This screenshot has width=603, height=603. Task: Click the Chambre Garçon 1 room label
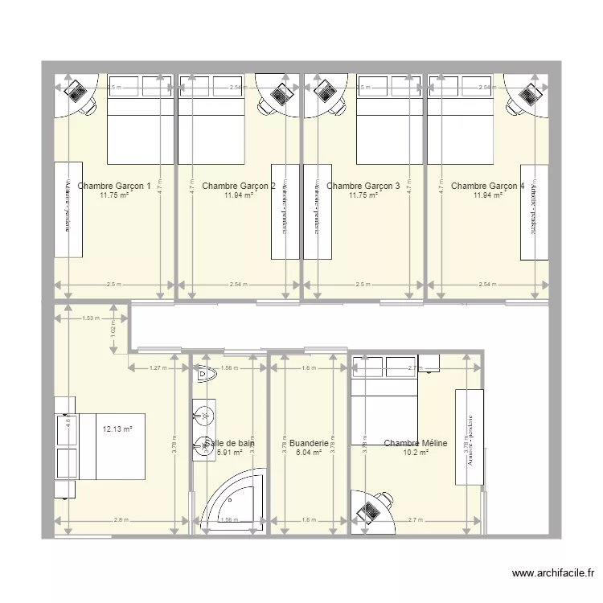(x=114, y=186)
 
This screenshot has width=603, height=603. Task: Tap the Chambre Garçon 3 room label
(x=363, y=186)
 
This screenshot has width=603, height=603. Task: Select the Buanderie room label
(x=309, y=443)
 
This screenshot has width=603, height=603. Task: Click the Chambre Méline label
(x=416, y=443)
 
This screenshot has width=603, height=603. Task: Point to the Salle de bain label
(x=230, y=443)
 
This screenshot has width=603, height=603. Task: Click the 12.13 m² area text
(x=117, y=429)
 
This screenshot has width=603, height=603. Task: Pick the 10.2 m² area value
(x=416, y=453)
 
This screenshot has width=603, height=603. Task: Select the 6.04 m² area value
(x=309, y=453)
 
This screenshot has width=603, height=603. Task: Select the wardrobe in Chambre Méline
(x=469, y=437)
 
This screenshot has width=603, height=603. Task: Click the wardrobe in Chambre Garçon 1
(x=68, y=210)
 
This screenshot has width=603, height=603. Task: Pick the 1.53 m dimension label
(x=90, y=318)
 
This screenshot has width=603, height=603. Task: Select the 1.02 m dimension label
(x=113, y=329)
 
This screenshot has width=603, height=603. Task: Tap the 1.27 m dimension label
(x=158, y=368)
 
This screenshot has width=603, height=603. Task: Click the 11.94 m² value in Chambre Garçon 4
(x=488, y=195)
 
